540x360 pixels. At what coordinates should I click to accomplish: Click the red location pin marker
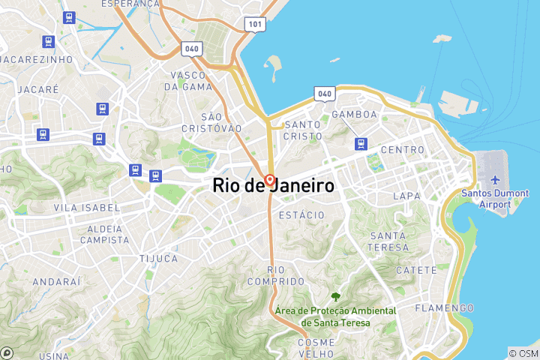269,181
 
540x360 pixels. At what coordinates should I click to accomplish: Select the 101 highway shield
254,24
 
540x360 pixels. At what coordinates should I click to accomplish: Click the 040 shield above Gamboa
324,94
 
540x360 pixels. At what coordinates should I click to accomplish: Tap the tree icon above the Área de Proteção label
334,297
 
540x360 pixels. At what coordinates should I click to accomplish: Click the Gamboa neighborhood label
354,114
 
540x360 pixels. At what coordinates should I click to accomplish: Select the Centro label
403,150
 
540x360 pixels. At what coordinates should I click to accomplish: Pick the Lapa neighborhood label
406,196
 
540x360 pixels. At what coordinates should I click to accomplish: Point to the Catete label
415,270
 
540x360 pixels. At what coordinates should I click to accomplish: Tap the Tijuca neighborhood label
159,259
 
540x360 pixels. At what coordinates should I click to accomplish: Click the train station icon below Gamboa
361,142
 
